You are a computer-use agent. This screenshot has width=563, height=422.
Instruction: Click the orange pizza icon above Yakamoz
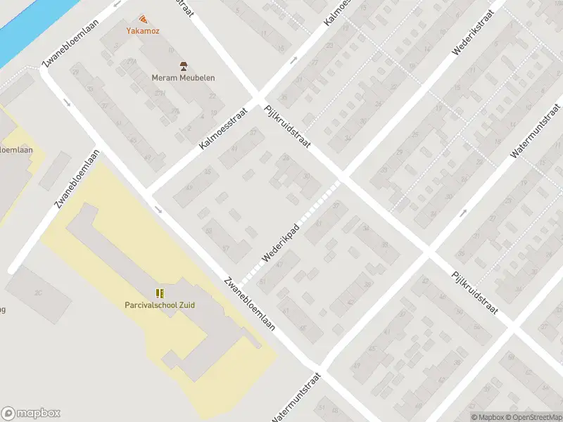click(144, 19)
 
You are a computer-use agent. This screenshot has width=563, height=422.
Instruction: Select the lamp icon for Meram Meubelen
click(184, 66)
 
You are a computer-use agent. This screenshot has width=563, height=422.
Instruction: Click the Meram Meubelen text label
click(184, 78)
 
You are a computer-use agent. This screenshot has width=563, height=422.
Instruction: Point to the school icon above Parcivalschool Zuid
click(160, 293)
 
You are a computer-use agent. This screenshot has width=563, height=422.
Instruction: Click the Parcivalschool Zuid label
click(160, 305)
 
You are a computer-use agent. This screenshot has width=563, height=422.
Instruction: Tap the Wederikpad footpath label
click(281, 243)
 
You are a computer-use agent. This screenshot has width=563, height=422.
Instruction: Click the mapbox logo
click(31, 414)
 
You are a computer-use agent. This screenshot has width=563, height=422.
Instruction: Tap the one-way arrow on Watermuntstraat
click(463, 213)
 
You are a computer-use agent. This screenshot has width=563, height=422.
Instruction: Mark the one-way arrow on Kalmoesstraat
click(293, 60)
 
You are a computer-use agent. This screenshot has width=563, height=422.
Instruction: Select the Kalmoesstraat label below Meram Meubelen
click(224, 128)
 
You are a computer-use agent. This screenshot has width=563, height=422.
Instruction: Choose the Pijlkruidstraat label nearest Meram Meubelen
click(287, 128)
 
